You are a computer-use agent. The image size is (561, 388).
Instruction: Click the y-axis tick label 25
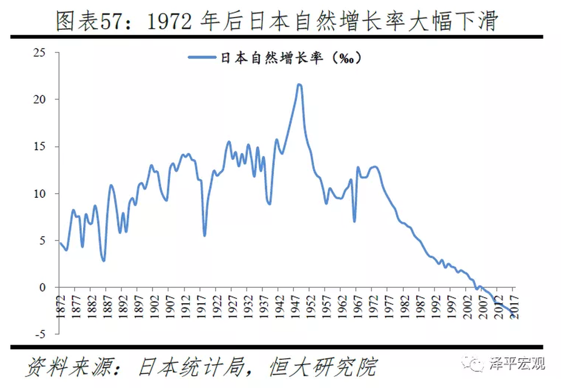click(x=39, y=53)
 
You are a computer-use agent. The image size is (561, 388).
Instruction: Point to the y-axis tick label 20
click(x=39, y=99)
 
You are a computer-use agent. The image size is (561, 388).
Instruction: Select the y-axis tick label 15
click(x=39, y=146)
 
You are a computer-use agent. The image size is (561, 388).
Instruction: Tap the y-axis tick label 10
click(x=39, y=194)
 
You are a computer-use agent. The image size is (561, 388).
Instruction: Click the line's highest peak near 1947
click(x=299, y=84)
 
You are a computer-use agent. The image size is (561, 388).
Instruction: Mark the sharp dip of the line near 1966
click(x=354, y=221)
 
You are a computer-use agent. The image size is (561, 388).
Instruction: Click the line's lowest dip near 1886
click(x=103, y=260)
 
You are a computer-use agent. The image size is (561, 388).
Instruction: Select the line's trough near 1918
click(x=205, y=235)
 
